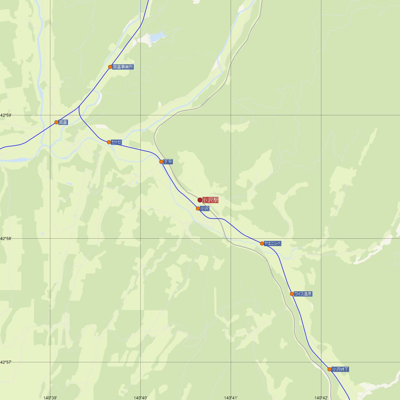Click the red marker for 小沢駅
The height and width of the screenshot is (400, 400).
(x=200, y=200)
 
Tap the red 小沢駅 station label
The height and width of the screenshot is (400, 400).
(x=210, y=200)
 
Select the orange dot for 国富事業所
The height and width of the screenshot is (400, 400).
(x=110, y=67)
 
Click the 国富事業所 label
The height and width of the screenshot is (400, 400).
(x=123, y=67)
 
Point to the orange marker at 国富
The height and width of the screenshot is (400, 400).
(x=57, y=122)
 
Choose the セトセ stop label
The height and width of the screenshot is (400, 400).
(x=116, y=142)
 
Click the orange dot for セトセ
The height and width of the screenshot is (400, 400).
(x=109, y=142)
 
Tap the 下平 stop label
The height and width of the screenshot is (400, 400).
(x=168, y=162)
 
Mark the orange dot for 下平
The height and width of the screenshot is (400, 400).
(x=161, y=162)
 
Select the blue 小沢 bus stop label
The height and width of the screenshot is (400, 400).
(x=205, y=209)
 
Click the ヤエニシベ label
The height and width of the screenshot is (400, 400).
(x=273, y=243)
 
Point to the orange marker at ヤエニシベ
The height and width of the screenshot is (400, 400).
(x=262, y=243)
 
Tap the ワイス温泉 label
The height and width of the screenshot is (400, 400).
(x=303, y=294)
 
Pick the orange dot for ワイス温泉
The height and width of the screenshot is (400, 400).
(x=292, y=294)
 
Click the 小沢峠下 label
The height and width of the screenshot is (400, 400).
(x=340, y=369)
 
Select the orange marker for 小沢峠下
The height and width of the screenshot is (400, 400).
(x=330, y=369)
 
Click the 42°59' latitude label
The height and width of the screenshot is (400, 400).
(x=6, y=115)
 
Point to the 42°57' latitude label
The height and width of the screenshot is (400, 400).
(x=6, y=362)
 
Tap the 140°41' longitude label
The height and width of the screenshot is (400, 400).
(x=231, y=397)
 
